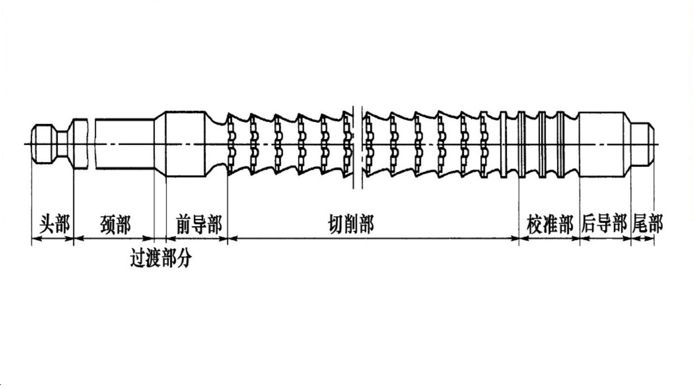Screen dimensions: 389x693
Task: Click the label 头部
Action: (55, 225)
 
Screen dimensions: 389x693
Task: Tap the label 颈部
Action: (116, 225)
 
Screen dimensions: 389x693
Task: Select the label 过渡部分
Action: (161, 258)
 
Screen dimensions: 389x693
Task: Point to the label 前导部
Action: (199, 225)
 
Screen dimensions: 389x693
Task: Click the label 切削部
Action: (351, 225)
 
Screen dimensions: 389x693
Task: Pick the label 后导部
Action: (605, 225)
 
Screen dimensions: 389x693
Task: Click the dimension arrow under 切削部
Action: (373, 239)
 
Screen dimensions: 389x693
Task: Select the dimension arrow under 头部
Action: (53, 239)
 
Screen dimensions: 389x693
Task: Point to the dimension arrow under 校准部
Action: (549, 239)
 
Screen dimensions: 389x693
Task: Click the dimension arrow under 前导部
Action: (197, 239)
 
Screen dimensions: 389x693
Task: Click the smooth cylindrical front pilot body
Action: (185, 144)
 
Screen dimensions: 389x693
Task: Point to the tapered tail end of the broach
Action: (645, 144)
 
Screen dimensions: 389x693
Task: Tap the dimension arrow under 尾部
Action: (643, 239)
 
